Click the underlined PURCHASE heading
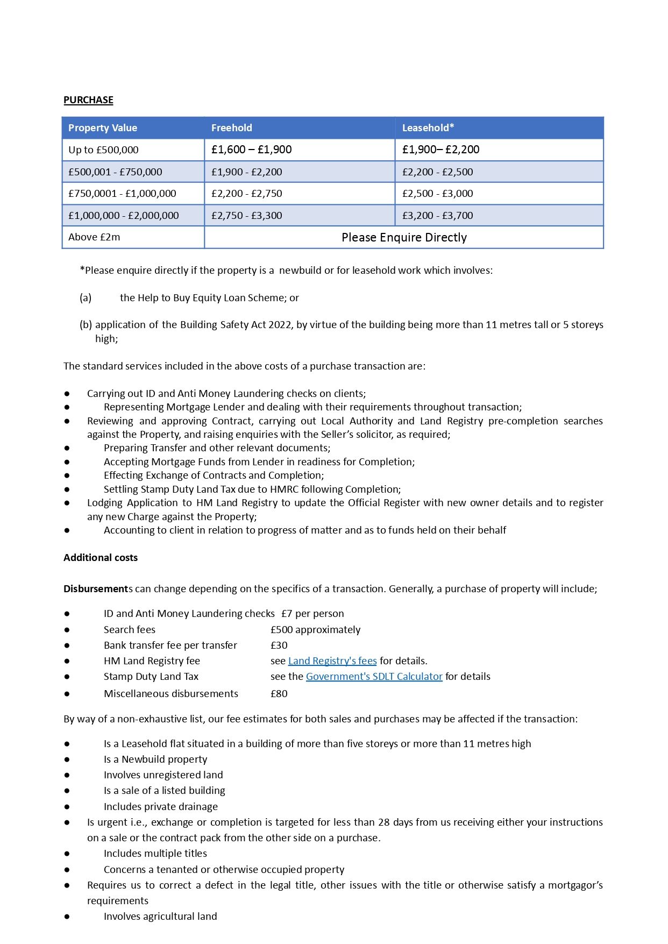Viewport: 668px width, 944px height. [x=88, y=100]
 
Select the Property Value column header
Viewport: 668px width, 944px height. [x=103, y=128]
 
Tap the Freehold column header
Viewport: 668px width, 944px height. [x=231, y=128]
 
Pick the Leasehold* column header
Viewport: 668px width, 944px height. [x=428, y=128]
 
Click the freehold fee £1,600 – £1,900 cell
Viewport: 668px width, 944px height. [x=251, y=150]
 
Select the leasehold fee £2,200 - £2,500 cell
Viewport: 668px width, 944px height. [x=438, y=172]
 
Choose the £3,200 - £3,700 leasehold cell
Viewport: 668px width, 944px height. [x=438, y=216]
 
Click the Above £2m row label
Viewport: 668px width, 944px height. [x=94, y=237]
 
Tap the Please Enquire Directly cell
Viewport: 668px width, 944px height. [x=404, y=238]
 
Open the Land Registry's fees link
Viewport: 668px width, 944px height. [x=332, y=661]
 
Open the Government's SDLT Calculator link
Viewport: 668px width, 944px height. [x=374, y=677]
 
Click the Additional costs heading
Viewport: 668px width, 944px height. [x=101, y=558]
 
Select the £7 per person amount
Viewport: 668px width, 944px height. [x=312, y=614]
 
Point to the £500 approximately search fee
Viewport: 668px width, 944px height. [x=315, y=630]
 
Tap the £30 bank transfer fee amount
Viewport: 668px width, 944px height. [x=279, y=645]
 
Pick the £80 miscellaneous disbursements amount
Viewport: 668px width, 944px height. [x=279, y=694]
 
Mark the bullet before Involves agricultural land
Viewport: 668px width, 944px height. [x=67, y=917]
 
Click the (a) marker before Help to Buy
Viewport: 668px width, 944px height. [x=86, y=298]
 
